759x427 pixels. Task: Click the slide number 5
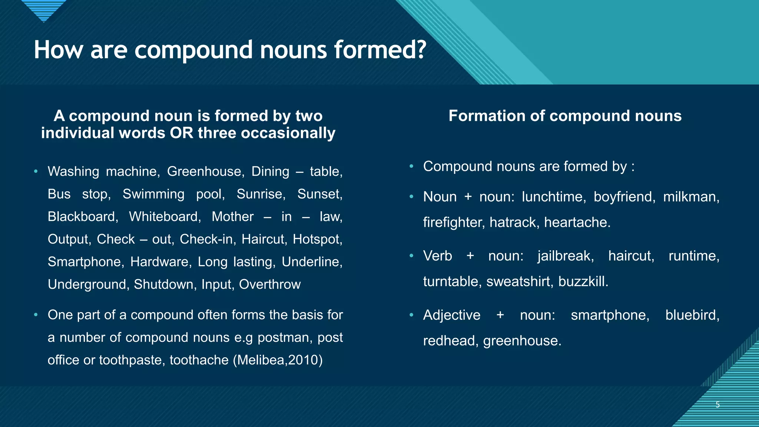[x=717, y=405]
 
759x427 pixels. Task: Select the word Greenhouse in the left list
[x=205, y=172]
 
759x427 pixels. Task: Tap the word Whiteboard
[x=164, y=217]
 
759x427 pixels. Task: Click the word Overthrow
[x=269, y=285]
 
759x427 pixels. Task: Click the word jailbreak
[x=565, y=256]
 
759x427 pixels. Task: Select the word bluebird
[x=692, y=315]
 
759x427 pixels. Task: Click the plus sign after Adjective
[x=500, y=315]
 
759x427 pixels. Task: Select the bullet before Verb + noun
[x=411, y=256]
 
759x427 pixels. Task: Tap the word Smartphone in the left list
[x=84, y=262]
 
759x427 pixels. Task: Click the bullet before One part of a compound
[x=36, y=315]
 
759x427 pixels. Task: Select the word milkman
[x=690, y=197]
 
